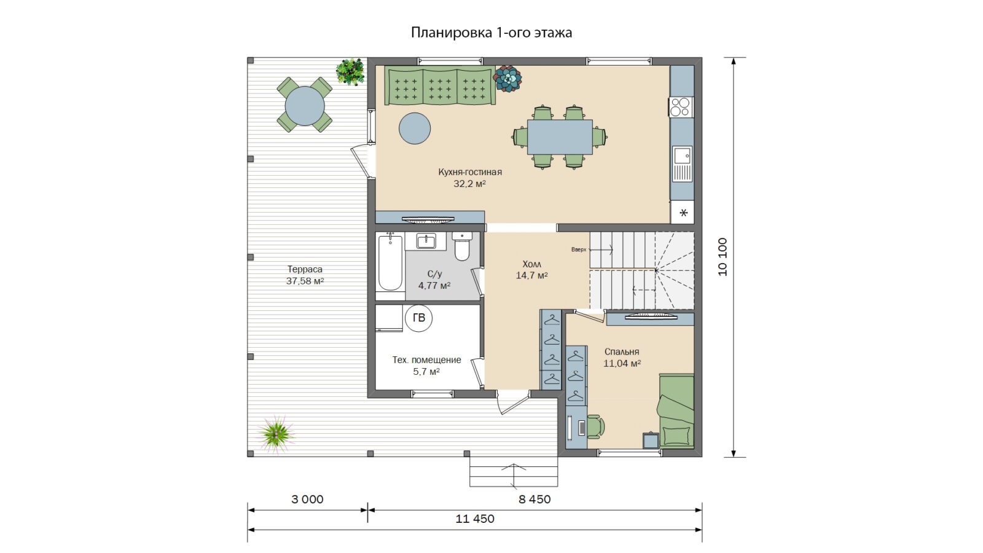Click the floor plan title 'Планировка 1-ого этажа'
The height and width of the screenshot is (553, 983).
coord(491,33)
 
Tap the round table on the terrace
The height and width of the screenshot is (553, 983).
coord(305,106)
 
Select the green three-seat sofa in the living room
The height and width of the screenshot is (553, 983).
coord(440,85)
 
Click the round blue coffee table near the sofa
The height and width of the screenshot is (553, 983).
coord(415,128)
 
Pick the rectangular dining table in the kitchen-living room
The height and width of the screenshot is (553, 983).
coord(560,137)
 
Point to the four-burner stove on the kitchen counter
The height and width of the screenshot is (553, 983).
coord(681,107)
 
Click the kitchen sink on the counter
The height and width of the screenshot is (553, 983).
coord(683,163)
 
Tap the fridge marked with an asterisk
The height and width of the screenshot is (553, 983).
coord(683,213)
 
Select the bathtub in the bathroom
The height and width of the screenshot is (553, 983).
coord(390,262)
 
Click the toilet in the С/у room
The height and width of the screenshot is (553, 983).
coord(461,246)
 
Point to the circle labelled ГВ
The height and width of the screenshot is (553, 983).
coord(418,318)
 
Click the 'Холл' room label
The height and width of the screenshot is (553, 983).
coord(531,264)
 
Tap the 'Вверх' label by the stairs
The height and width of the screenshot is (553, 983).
coord(578,249)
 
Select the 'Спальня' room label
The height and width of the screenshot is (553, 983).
coord(622,352)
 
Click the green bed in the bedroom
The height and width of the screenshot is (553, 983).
coord(676,411)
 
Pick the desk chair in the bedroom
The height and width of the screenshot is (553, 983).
coord(595,426)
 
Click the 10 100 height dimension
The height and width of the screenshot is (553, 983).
coord(723,257)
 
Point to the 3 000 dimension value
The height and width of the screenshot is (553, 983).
coord(307,500)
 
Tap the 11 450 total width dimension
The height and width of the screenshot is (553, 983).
coord(475,519)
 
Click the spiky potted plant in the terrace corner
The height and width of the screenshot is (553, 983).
coord(276,434)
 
